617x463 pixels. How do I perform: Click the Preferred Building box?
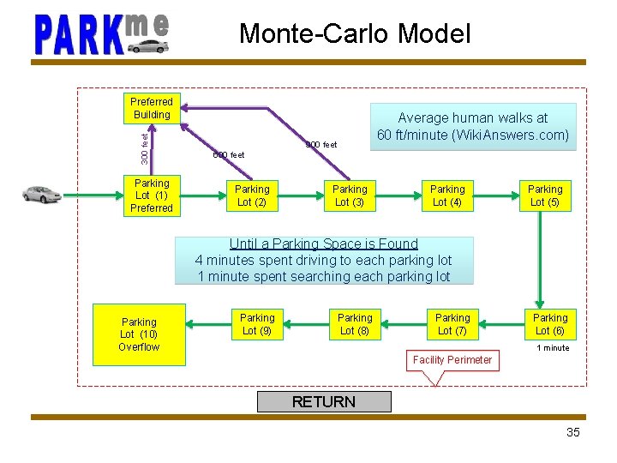[152, 108]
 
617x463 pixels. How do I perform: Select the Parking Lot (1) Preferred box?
[152, 195]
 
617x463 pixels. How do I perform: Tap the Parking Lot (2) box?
[252, 195]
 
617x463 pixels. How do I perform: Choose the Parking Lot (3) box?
[350, 195]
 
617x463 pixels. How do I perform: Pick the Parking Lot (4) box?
[447, 195]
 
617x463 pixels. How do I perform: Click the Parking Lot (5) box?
[545, 195]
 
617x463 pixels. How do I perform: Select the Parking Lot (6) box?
[550, 324]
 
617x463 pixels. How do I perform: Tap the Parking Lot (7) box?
[452, 324]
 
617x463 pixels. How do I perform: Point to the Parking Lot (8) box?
[355, 324]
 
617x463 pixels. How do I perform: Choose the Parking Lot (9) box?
[257, 324]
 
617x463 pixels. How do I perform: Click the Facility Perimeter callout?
[452, 360]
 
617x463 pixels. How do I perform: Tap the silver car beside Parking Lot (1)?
[41, 195]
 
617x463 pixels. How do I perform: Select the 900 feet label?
[321, 145]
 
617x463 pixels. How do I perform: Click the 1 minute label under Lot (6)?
[553, 348]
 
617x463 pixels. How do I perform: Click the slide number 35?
[573, 432]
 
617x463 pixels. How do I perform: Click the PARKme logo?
[101, 34]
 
